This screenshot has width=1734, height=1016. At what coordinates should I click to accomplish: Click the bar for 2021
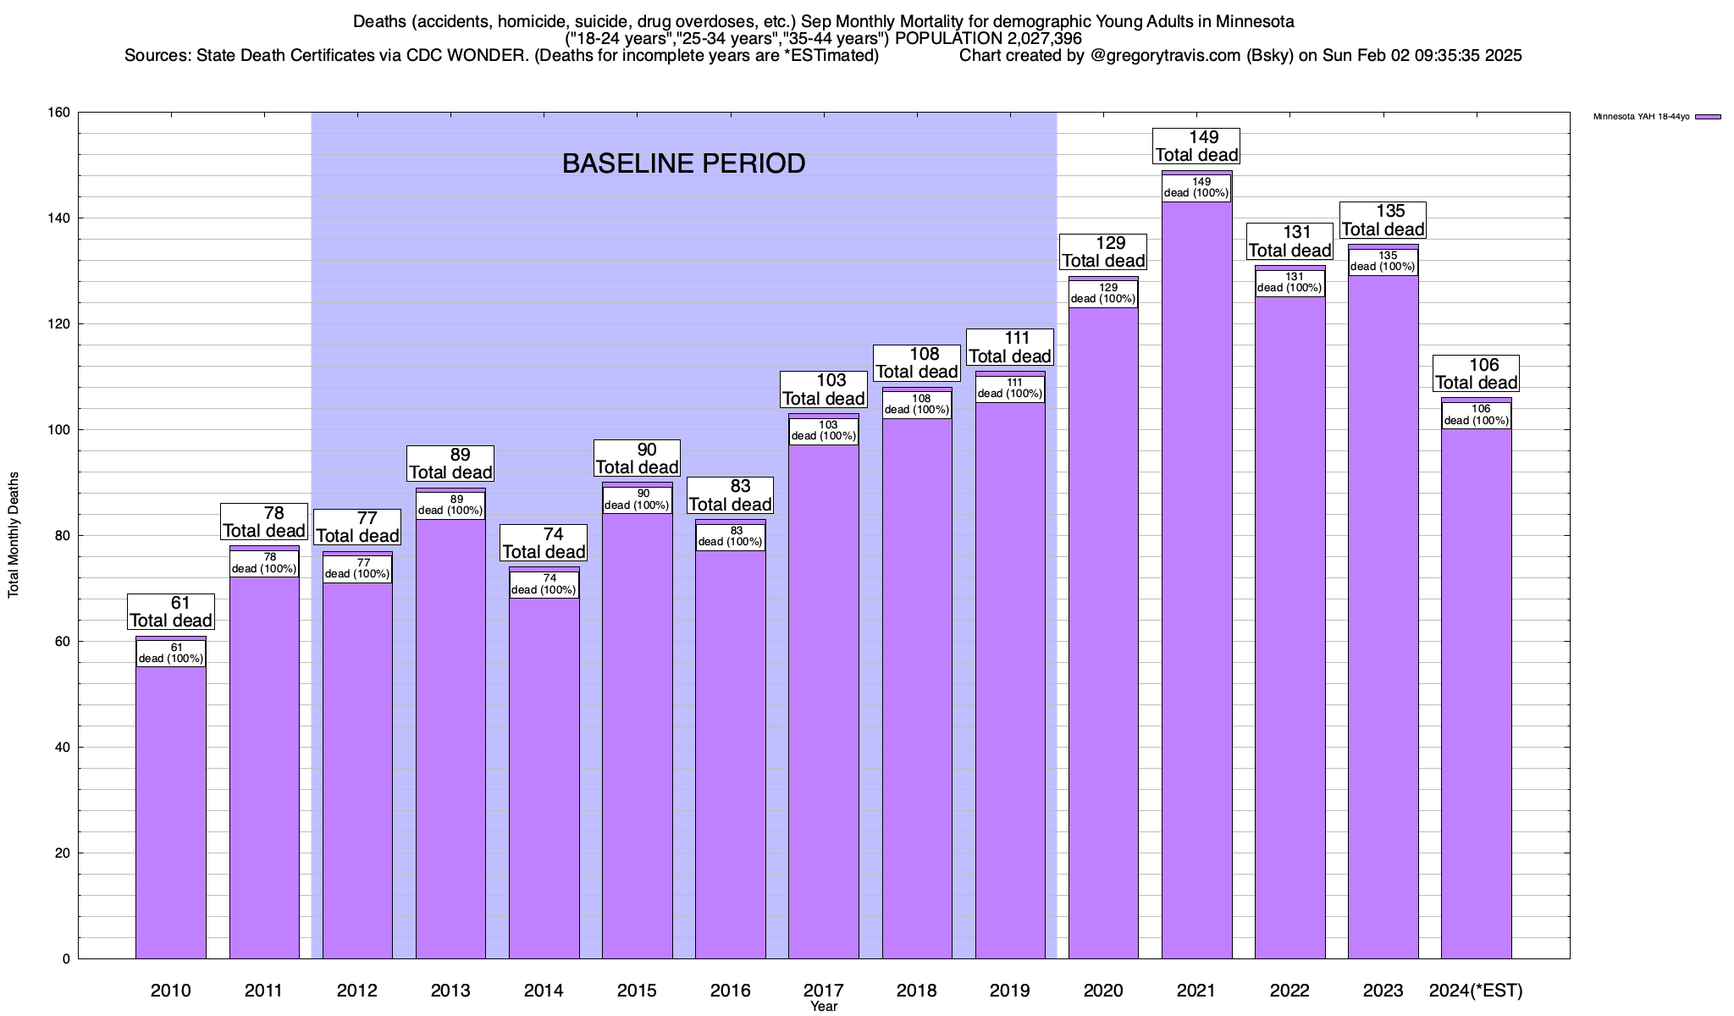point(1196,593)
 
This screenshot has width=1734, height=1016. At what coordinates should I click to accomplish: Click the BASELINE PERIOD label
point(683,163)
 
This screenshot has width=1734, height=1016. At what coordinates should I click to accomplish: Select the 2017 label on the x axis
point(823,990)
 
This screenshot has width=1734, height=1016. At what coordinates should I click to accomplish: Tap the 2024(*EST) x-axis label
point(1476,990)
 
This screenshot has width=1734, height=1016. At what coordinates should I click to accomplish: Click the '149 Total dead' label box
point(1196,146)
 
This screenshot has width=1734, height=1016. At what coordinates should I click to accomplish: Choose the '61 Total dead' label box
point(171,611)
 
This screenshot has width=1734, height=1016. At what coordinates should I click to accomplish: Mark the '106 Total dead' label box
point(1476,373)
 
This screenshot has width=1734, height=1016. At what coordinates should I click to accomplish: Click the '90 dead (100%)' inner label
point(638,500)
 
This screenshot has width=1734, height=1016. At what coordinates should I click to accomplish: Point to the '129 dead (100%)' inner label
point(1103,293)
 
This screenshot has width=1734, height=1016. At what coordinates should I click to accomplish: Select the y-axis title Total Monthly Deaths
point(14,535)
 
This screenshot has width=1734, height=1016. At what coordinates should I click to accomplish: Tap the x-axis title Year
point(823,1006)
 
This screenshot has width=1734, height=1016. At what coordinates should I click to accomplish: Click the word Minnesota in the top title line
point(1255,21)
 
